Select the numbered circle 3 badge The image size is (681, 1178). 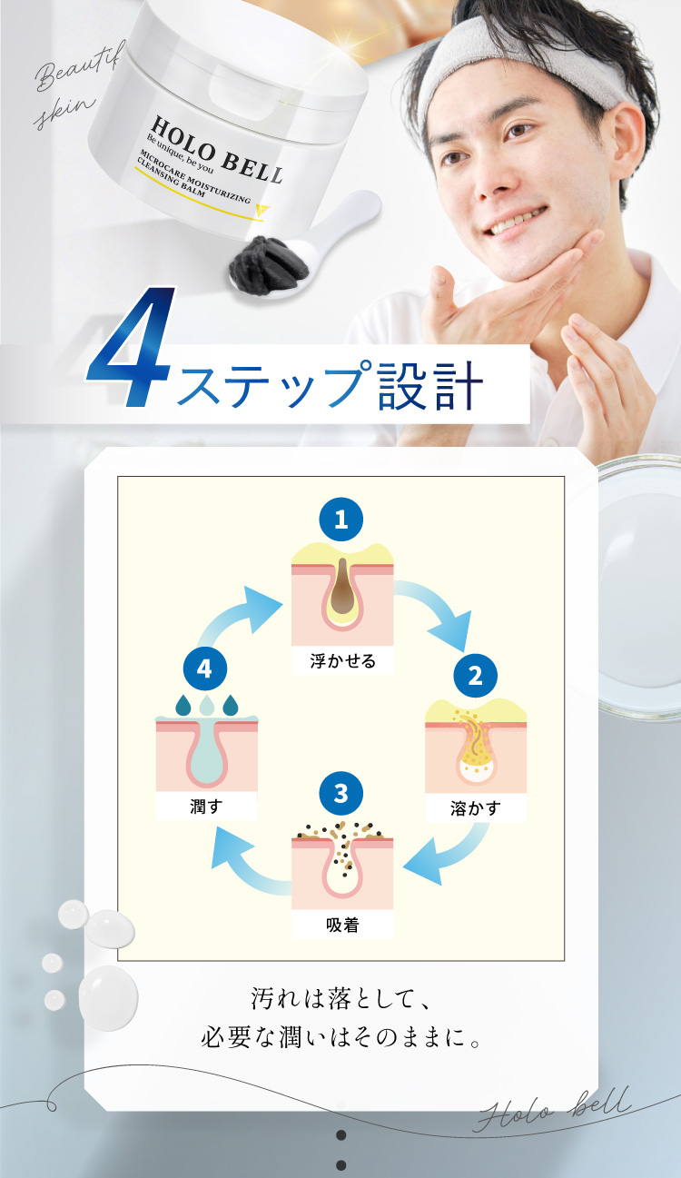pyautogui.click(x=341, y=793)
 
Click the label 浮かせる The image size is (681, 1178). pyautogui.click(x=342, y=660)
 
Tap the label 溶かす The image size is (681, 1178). pyautogui.click(x=475, y=807)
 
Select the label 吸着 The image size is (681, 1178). pyautogui.click(x=342, y=926)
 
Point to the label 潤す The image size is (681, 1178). pyautogui.click(x=205, y=805)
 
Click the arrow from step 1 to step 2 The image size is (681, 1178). pyautogui.click(x=437, y=610)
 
